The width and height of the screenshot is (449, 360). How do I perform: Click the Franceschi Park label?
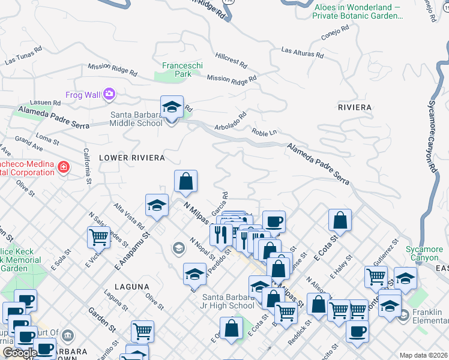(177, 69)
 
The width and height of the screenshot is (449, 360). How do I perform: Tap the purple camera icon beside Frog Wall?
(109, 94)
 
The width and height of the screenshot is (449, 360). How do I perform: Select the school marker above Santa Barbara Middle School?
(172, 108)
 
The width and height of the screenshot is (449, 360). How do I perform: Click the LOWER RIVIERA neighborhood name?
(131, 158)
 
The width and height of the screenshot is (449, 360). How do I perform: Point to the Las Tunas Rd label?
(23, 57)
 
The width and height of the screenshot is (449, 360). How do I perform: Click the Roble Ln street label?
(264, 132)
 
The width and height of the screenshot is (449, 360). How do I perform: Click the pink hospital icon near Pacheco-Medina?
(63, 166)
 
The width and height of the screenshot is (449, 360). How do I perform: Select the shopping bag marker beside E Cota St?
(340, 220)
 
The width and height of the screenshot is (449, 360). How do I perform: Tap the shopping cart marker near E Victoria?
(98, 236)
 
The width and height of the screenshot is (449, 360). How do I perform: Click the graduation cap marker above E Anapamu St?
(157, 205)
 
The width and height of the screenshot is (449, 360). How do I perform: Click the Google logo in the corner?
(20, 353)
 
